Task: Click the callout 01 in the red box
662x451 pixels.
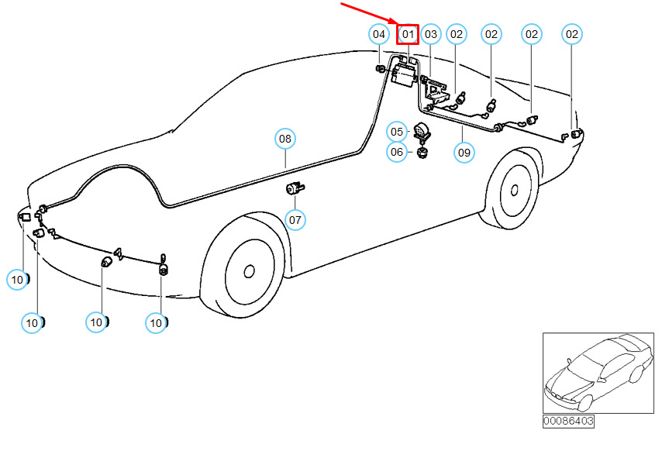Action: coord(408,34)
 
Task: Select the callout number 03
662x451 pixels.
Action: coord(431,34)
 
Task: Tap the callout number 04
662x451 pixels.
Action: coord(378,34)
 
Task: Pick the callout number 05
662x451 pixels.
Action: coord(397,132)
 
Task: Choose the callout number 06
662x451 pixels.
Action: coord(397,152)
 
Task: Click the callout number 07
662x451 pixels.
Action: coord(295,220)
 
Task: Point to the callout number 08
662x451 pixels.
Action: coord(285,139)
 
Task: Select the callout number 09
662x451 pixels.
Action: coord(464,152)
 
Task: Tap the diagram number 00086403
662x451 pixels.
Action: coord(568,421)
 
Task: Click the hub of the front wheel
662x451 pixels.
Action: coord(249,271)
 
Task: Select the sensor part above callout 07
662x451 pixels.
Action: coord(295,188)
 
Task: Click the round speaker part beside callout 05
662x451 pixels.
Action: coord(422,131)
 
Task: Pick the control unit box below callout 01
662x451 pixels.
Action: coord(403,74)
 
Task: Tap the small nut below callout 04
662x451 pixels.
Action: coord(380,70)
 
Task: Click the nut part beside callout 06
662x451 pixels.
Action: coord(422,152)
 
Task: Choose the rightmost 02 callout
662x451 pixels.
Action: coord(572,34)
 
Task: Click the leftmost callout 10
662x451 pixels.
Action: coord(17,279)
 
